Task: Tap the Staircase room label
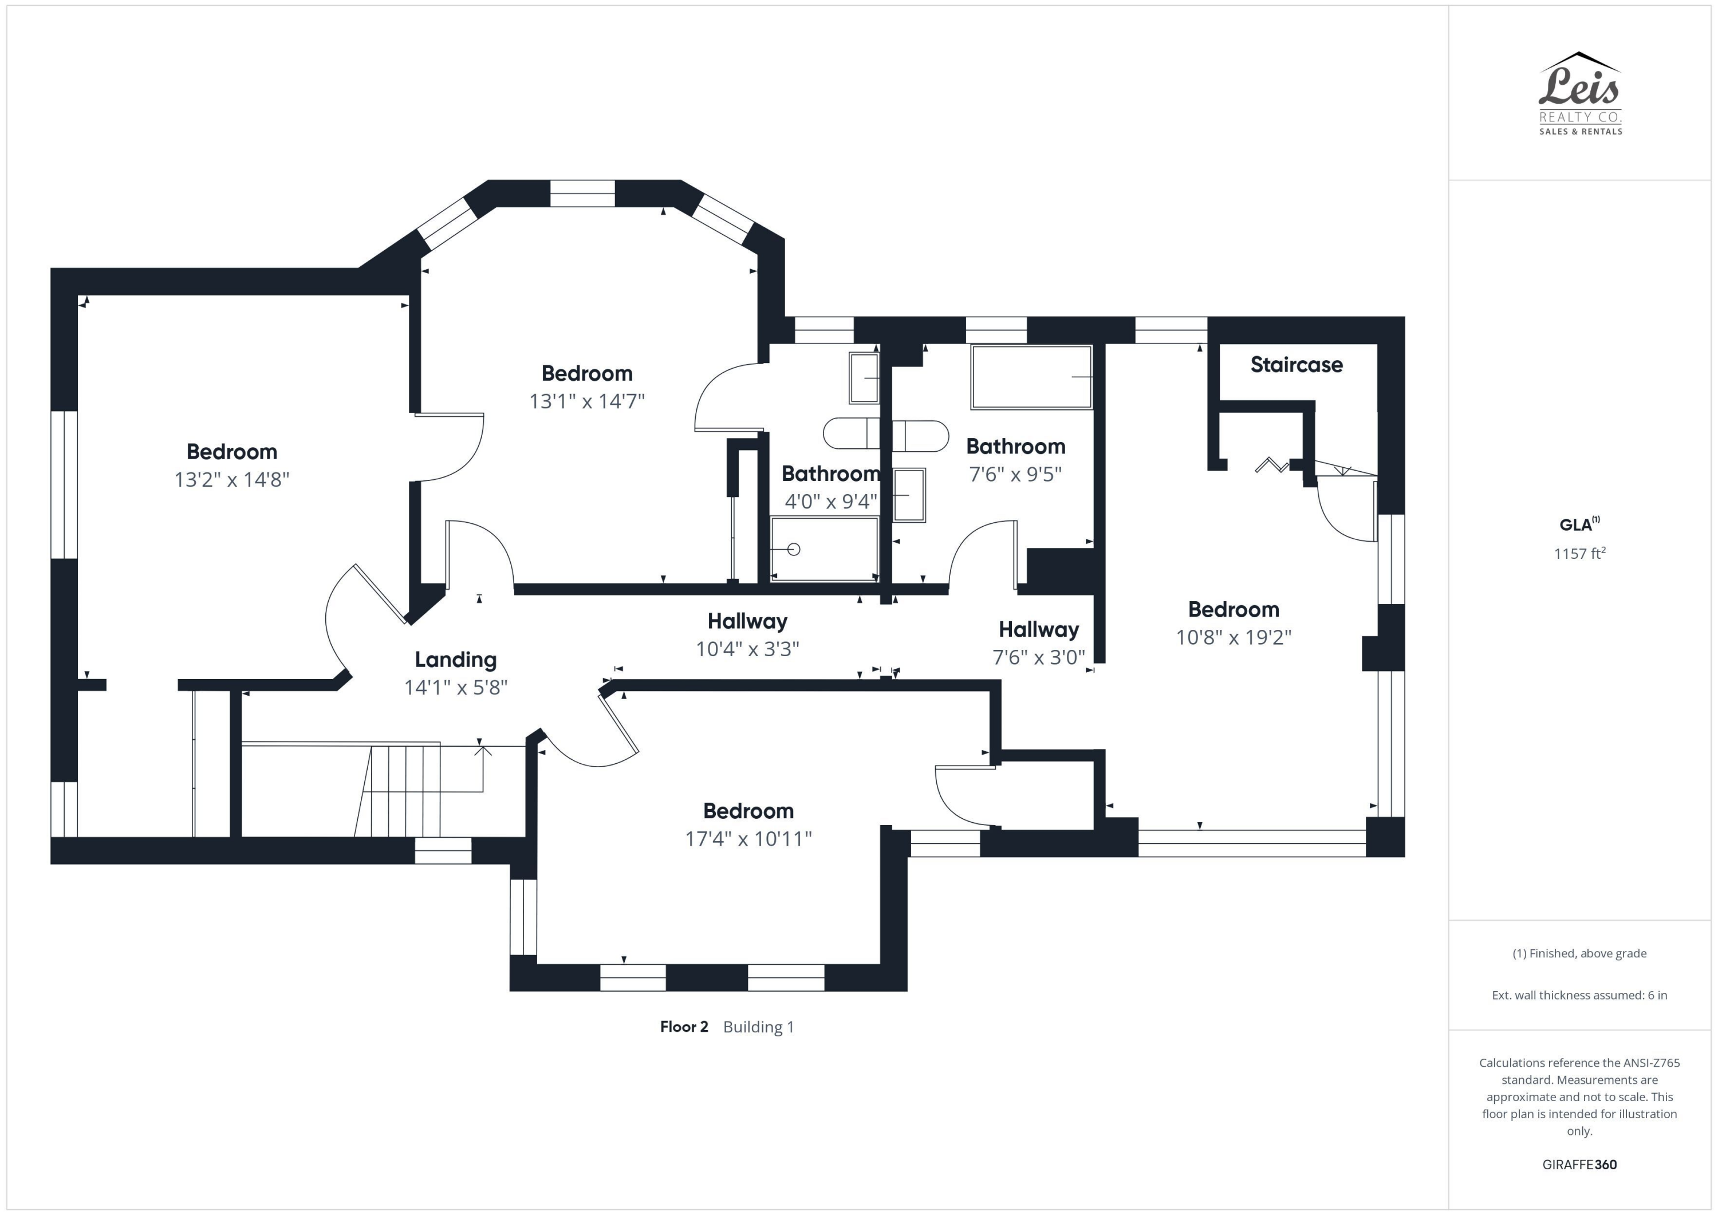pyautogui.click(x=1296, y=365)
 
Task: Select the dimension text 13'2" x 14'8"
pyautogui.click(x=232, y=480)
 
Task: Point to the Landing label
pyautogui.click(x=456, y=660)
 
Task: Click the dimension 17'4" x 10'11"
pyautogui.click(x=748, y=839)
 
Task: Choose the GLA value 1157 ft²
pyautogui.click(x=1579, y=553)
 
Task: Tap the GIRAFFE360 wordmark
pyautogui.click(x=1579, y=1165)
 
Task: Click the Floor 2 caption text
pyautogui.click(x=684, y=1027)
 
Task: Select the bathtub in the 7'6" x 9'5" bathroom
pyautogui.click(x=1031, y=377)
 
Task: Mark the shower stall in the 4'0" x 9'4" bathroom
pyautogui.click(x=824, y=549)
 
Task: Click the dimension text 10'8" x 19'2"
pyautogui.click(x=1234, y=637)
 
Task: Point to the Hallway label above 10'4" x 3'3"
pyautogui.click(x=747, y=622)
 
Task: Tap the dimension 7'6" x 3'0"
pyautogui.click(x=1039, y=657)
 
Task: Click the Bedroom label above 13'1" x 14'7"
pyautogui.click(x=586, y=373)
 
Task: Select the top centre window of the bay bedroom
pyautogui.click(x=582, y=193)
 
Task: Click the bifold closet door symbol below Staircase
pyautogui.click(x=1272, y=464)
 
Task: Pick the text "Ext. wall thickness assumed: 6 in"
pyautogui.click(x=1579, y=995)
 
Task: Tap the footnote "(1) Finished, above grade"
pyautogui.click(x=1579, y=953)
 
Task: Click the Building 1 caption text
pyautogui.click(x=758, y=1027)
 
